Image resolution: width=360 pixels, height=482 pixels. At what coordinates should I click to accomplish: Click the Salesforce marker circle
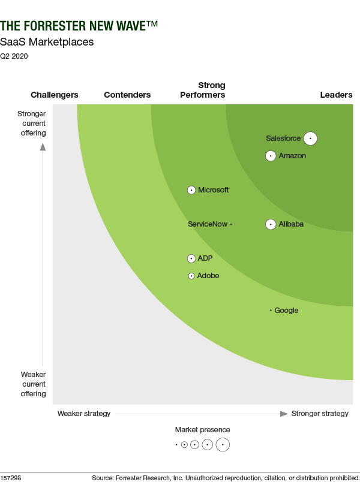(310, 138)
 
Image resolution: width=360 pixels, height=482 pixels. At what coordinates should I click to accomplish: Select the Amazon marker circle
(271, 156)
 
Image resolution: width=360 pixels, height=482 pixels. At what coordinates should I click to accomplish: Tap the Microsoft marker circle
(191, 190)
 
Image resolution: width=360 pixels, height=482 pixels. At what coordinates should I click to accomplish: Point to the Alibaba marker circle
(271, 224)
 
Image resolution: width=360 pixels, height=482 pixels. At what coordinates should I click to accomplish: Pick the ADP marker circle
(191, 258)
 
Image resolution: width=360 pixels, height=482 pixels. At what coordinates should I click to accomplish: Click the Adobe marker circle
(191, 276)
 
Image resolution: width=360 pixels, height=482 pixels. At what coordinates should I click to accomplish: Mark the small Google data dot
(271, 311)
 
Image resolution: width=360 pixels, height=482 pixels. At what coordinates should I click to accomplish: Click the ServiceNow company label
(208, 224)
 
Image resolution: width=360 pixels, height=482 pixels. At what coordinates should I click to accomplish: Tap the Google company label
(286, 311)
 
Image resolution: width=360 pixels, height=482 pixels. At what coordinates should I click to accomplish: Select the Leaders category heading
(336, 95)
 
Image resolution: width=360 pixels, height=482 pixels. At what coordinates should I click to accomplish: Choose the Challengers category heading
(55, 95)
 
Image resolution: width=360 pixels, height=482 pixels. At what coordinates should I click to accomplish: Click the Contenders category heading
(127, 95)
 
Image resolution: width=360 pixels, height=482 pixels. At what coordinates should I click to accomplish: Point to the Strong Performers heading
(203, 90)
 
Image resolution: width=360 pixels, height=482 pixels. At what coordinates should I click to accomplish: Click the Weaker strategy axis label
(84, 414)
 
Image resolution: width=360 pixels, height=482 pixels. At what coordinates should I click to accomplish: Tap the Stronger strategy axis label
(320, 414)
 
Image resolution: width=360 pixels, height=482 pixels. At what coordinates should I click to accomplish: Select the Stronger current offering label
(32, 123)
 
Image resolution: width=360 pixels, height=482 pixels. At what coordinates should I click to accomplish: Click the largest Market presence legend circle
(223, 445)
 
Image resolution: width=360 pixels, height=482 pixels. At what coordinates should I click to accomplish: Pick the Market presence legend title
(202, 430)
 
